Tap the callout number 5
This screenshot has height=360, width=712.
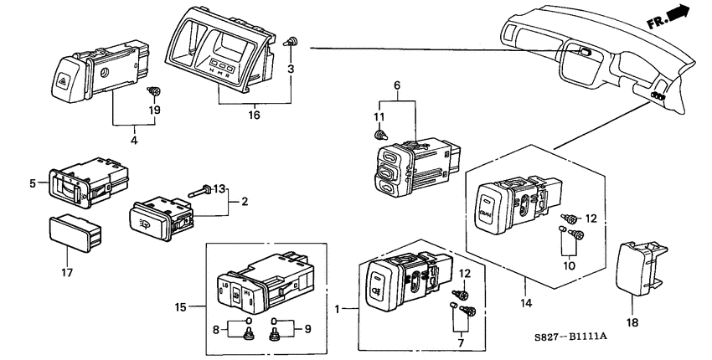33,182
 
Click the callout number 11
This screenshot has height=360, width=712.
377,116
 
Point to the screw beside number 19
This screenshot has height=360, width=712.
153,90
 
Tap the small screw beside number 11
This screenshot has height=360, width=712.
379,133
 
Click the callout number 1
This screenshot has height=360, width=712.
338,310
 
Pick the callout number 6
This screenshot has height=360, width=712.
397,85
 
